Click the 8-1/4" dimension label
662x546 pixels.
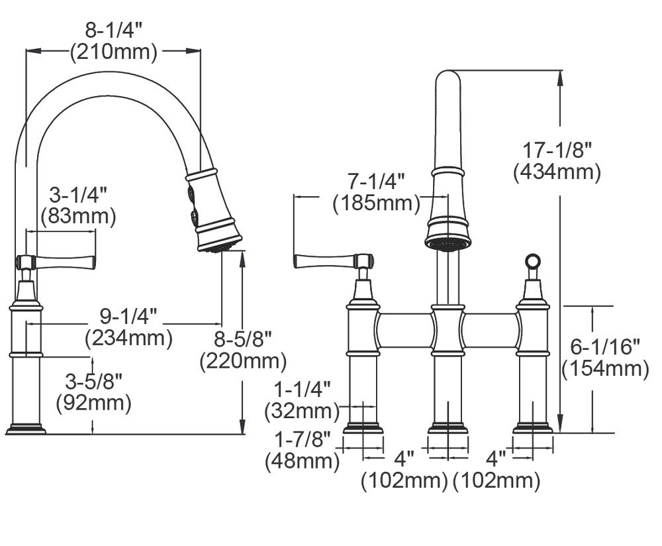pyautogui.click(x=114, y=30)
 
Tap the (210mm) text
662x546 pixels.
pyautogui.click(x=114, y=52)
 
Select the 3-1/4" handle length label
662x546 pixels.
pyautogui.click(x=78, y=195)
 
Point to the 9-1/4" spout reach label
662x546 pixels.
pyautogui.click(x=128, y=316)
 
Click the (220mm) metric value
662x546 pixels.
pyautogui.click(x=243, y=361)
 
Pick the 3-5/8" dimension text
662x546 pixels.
pyautogui.click(x=94, y=382)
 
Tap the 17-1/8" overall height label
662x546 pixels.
pyautogui.click(x=557, y=150)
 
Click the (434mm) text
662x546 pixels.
pyautogui.click(x=557, y=172)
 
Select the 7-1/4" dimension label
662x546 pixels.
pyautogui.click(x=376, y=182)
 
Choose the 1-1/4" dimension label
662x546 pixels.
pyautogui.click(x=303, y=389)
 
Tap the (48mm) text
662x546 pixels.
pyautogui.click(x=303, y=461)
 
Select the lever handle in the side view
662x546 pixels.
pyautogui.click(x=56, y=262)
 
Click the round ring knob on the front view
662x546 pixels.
pyautogui.click(x=533, y=261)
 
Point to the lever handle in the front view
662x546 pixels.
pyautogui.click(x=334, y=261)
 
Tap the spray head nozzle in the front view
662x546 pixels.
pyautogui.click(x=448, y=244)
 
